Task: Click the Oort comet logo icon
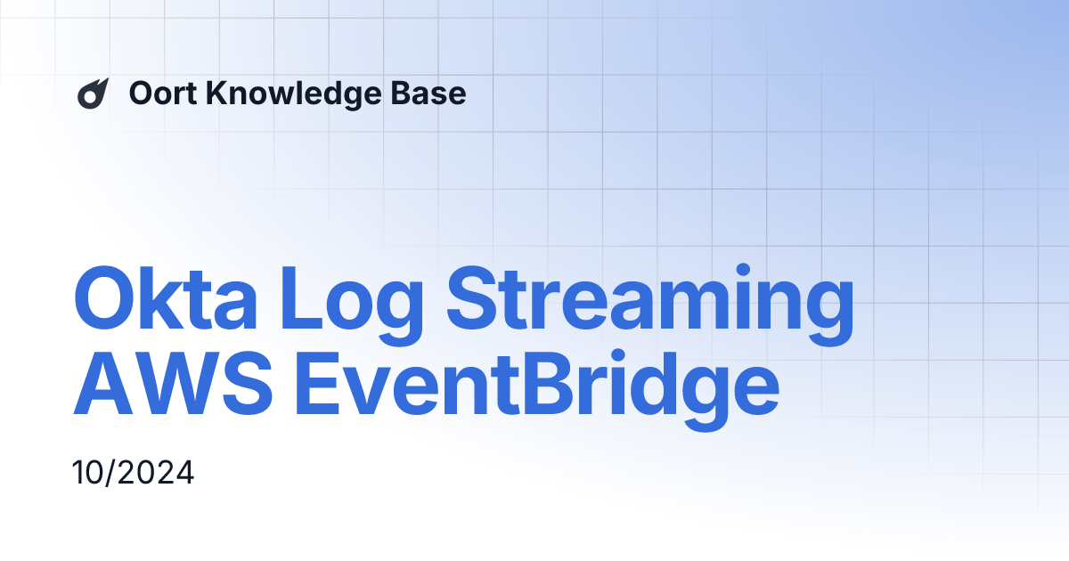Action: [x=93, y=93]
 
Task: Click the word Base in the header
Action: [x=434, y=93]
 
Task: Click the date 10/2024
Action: [x=133, y=472]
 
